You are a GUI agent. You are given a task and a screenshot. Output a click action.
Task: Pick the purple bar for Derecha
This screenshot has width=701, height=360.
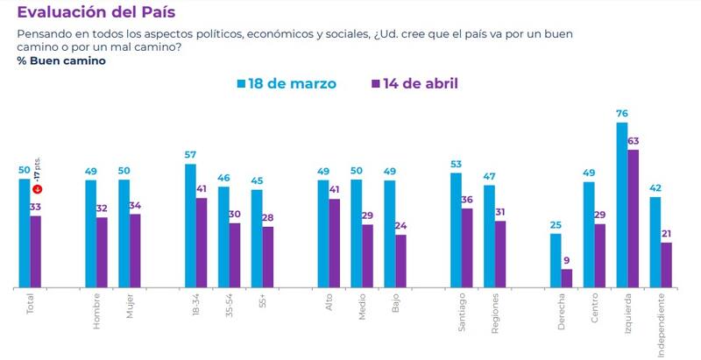point(566,278)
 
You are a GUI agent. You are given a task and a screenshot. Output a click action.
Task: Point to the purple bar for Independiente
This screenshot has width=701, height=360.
point(666,265)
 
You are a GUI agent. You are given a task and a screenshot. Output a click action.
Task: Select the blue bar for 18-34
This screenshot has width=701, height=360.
point(190,225)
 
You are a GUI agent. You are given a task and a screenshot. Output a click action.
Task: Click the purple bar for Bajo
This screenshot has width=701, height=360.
point(400,260)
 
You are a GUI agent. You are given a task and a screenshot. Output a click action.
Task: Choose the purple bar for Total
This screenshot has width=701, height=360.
point(36,251)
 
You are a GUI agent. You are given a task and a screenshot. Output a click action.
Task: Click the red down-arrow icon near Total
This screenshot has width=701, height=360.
point(37,190)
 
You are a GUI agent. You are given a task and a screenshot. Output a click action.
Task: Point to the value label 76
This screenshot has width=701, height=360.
point(621,114)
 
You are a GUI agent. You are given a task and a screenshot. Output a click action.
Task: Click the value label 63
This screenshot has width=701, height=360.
point(633,140)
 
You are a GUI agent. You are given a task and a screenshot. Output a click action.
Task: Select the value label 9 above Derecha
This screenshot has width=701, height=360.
point(567,260)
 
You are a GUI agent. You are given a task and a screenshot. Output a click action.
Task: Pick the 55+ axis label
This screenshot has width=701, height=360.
point(262,305)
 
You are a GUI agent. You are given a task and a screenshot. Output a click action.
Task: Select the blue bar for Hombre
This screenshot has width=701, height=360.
point(90,233)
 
